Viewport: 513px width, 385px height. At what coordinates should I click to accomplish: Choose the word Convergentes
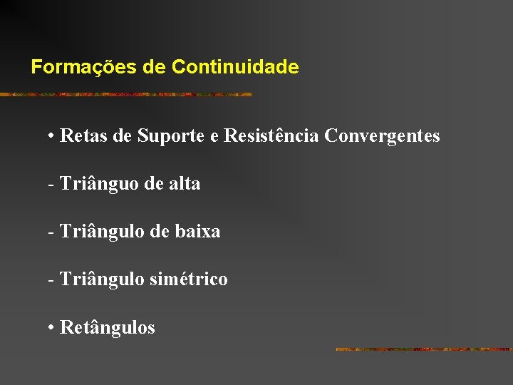point(382,135)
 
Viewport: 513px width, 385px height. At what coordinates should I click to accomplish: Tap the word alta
point(185,184)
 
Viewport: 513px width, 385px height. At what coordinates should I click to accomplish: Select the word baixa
point(200,232)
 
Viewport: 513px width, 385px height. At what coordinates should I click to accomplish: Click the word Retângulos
point(108,328)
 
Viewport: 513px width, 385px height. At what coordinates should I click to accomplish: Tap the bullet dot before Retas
point(52,136)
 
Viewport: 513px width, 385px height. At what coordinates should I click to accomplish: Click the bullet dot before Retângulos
point(52,329)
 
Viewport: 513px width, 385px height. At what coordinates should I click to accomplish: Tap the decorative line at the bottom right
point(423,349)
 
